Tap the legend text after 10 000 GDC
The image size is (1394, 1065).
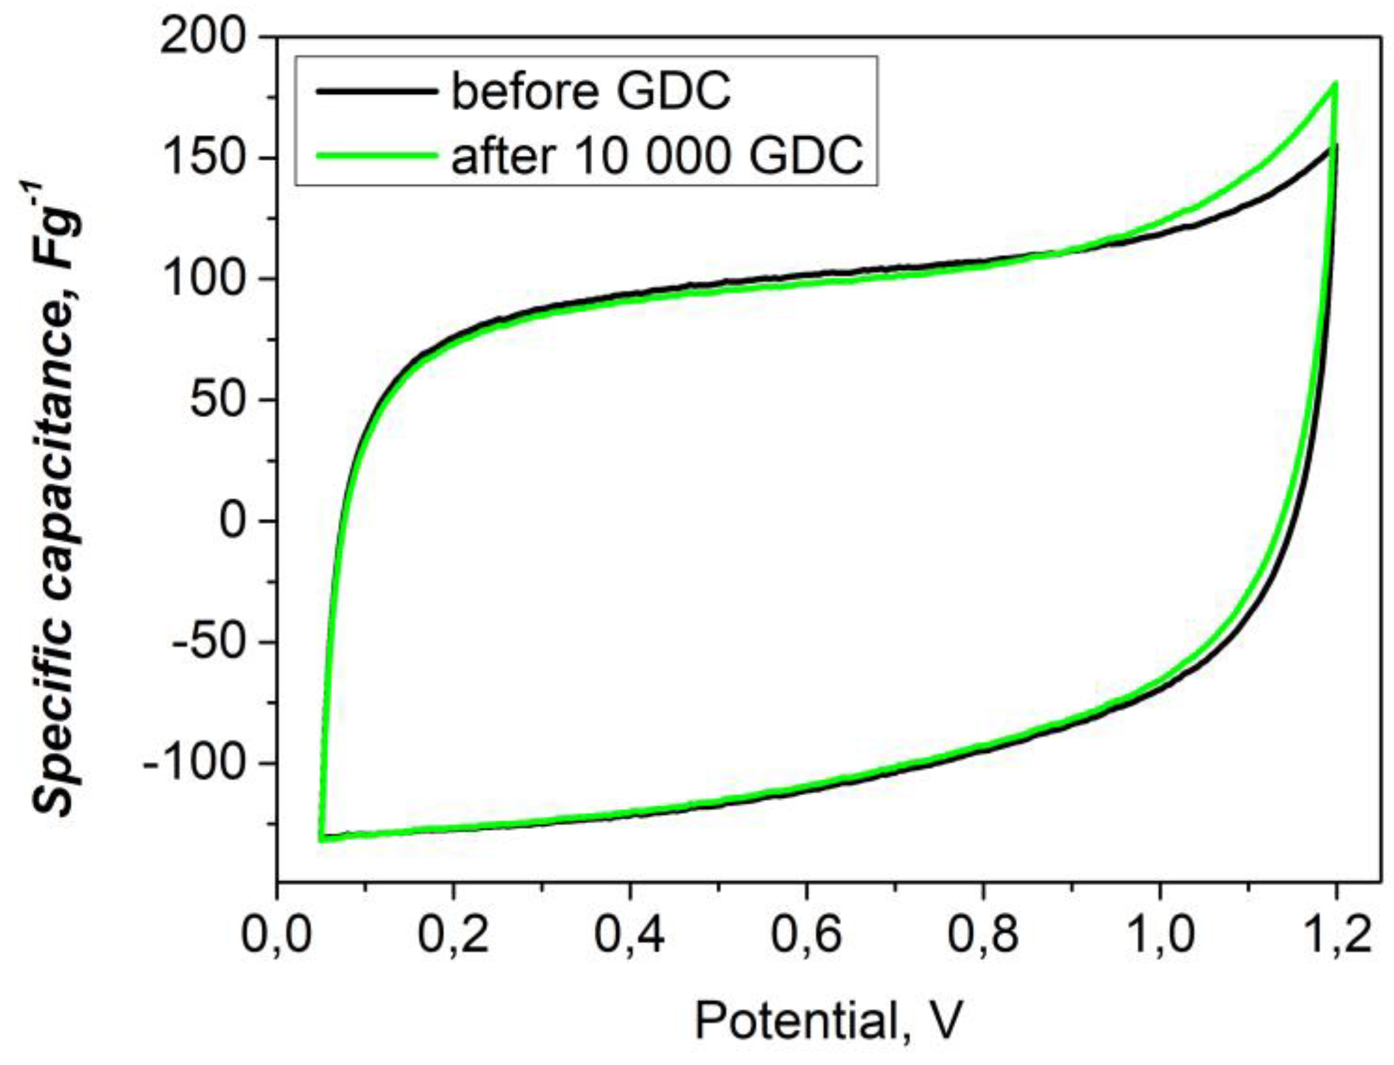pyautogui.click(x=656, y=155)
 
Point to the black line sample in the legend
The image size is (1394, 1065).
pyautogui.click(x=377, y=92)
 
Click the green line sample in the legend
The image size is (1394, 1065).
pyautogui.click(x=377, y=155)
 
